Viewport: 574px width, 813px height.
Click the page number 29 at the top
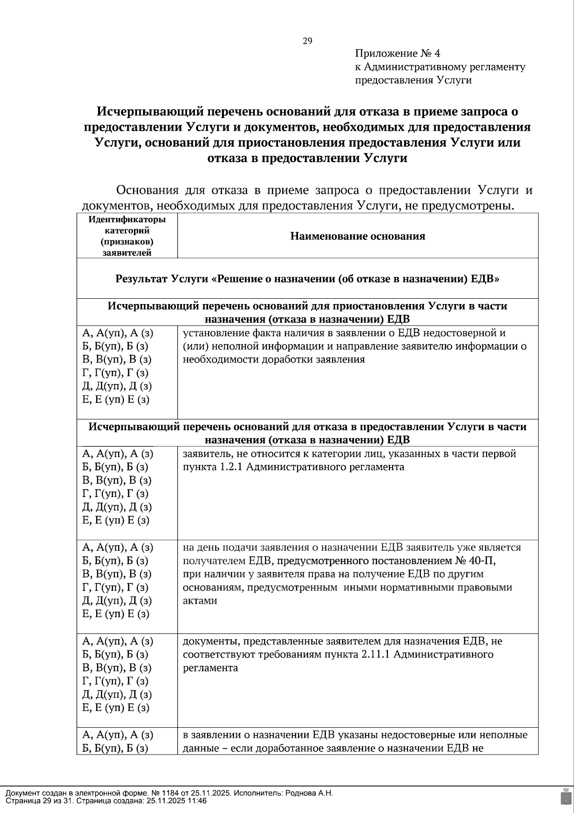click(307, 41)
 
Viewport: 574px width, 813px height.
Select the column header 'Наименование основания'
click(357, 236)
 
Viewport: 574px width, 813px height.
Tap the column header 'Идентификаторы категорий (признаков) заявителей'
click(127, 236)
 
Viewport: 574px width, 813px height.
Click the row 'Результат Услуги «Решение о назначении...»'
click(307, 279)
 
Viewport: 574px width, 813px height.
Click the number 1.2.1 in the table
click(231, 467)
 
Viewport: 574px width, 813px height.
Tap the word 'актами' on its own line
click(200, 601)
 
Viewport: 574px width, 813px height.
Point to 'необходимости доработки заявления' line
click(274, 360)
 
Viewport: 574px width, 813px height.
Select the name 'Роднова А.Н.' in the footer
click(309, 793)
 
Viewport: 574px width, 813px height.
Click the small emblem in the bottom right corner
click(565, 797)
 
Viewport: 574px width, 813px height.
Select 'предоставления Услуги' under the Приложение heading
click(413, 80)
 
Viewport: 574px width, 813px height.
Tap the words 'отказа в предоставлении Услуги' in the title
click(307, 158)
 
